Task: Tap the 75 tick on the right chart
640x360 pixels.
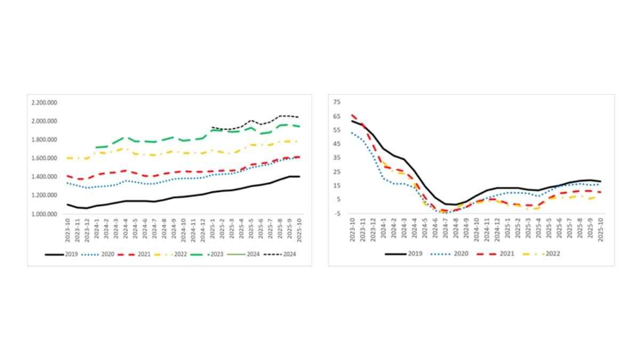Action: pos(338,102)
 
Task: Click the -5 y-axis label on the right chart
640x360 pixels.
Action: pos(338,213)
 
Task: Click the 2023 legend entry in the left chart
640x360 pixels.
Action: pos(212,254)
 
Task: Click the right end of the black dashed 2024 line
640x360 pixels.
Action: pos(298,117)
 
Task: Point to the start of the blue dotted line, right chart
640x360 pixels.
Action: pos(352,133)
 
